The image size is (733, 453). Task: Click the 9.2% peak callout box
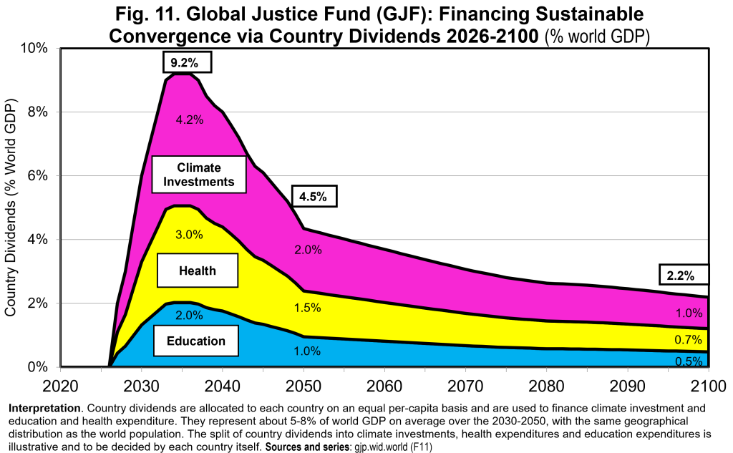point(187,62)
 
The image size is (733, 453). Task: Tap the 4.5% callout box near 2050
point(314,196)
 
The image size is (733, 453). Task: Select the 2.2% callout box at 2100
point(684,275)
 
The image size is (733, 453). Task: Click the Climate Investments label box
point(199,175)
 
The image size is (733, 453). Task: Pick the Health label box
point(198,271)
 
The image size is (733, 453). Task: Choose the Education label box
point(196,341)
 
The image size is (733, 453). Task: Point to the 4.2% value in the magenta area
point(189,120)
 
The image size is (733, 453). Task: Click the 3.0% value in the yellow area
point(189,234)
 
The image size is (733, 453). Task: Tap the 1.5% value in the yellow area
point(307,308)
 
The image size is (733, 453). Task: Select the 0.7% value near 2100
point(688,339)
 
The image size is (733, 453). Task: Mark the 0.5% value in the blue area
point(689,361)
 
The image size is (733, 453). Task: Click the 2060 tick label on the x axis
point(384,386)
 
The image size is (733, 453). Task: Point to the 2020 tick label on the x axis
point(60,386)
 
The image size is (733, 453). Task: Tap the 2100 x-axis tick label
point(709,386)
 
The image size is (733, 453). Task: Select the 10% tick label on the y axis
point(33,48)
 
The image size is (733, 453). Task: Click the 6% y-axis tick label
point(37,176)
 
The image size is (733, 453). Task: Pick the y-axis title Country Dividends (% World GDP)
point(10,208)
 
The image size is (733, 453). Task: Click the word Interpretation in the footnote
point(44,408)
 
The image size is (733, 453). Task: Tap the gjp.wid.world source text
point(381,447)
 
